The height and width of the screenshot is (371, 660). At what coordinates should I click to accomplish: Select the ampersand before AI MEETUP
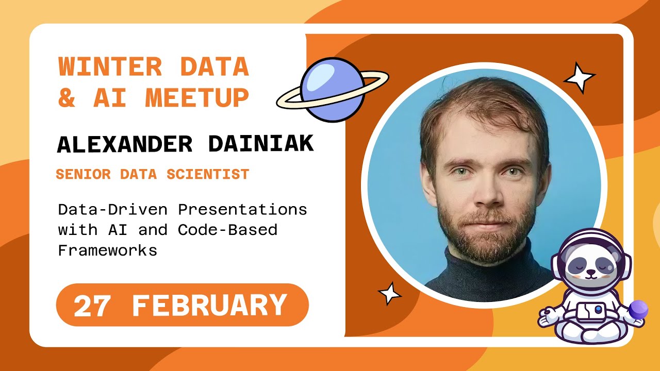(x=67, y=97)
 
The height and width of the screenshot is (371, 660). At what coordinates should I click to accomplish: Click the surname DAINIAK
(x=260, y=145)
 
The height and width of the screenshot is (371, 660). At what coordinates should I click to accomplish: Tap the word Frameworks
(x=107, y=251)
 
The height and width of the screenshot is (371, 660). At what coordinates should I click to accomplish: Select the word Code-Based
(x=227, y=230)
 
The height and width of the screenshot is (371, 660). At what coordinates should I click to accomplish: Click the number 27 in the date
(x=92, y=306)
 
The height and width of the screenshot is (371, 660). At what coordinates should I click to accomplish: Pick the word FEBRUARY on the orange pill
(x=209, y=306)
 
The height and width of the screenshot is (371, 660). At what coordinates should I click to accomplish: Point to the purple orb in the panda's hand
(x=639, y=309)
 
